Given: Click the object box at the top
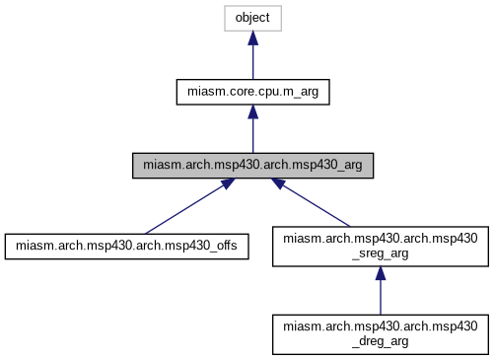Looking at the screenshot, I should pyautogui.click(x=252, y=18).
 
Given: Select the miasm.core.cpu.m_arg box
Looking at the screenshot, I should pyautogui.click(x=252, y=92).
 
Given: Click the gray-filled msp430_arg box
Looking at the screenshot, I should pyautogui.click(x=252, y=166).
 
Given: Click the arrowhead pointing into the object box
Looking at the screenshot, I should pyautogui.click(x=252, y=37).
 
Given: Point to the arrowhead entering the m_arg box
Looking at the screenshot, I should pyautogui.click(x=252, y=111).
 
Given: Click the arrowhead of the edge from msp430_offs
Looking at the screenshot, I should pyautogui.click(x=227, y=184).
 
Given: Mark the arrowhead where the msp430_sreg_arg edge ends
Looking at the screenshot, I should pyautogui.click(x=279, y=184).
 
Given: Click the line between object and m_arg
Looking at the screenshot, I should pyautogui.click(x=252, y=61).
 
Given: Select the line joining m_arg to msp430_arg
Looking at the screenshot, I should pyautogui.click(x=252, y=135).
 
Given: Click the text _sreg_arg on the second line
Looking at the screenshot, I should pyautogui.click(x=381, y=254).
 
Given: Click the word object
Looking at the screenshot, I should pyautogui.click(x=252, y=18).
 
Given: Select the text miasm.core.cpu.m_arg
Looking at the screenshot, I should pyautogui.click(x=252, y=92).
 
